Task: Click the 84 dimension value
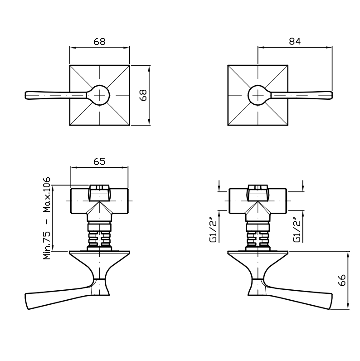pyautogui.click(x=295, y=41)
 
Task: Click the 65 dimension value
pyautogui.click(x=99, y=161)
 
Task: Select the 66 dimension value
pyautogui.click(x=342, y=280)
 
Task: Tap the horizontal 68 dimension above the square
pyautogui.click(x=99, y=42)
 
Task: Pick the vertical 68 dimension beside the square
pyautogui.click(x=143, y=95)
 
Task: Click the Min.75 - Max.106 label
pyautogui.click(x=47, y=218)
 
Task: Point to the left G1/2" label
pyautogui.click(x=214, y=230)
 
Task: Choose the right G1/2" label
pyautogui.click(x=297, y=230)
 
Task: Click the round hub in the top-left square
pyautogui.click(x=99, y=95)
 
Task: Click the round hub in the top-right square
pyautogui.click(x=258, y=95)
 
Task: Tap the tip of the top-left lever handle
pyautogui.click(x=25, y=95)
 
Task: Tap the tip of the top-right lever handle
pyautogui.click(x=332, y=95)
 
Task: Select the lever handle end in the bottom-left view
pyautogui.click(x=27, y=301)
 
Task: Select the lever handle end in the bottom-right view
pyautogui.click(x=331, y=301)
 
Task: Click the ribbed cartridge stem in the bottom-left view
pyautogui.click(x=99, y=239)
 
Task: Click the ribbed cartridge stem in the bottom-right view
pyautogui.click(x=258, y=239)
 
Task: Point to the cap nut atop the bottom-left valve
pyautogui.click(x=99, y=192)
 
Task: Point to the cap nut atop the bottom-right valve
pyautogui.click(x=258, y=192)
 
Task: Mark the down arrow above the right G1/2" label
pyautogui.click(x=303, y=186)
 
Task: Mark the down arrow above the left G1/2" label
pyautogui.click(x=219, y=186)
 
